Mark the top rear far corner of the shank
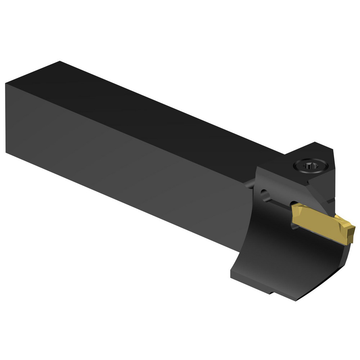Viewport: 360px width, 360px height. [59, 62]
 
